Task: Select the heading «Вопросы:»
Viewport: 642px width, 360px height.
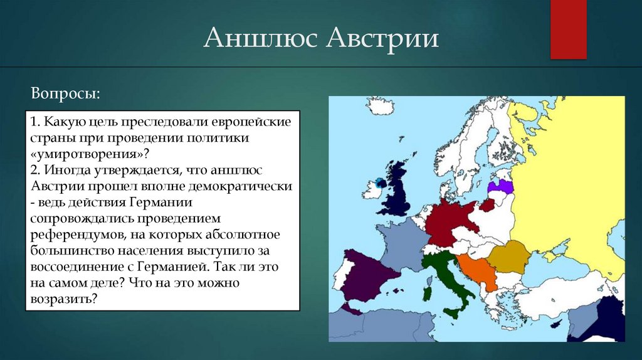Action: point(65,93)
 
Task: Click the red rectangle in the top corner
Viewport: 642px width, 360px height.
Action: point(568,29)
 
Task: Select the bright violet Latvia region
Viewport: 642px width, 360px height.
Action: point(503,186)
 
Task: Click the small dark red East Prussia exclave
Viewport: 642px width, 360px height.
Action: point(487,204)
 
